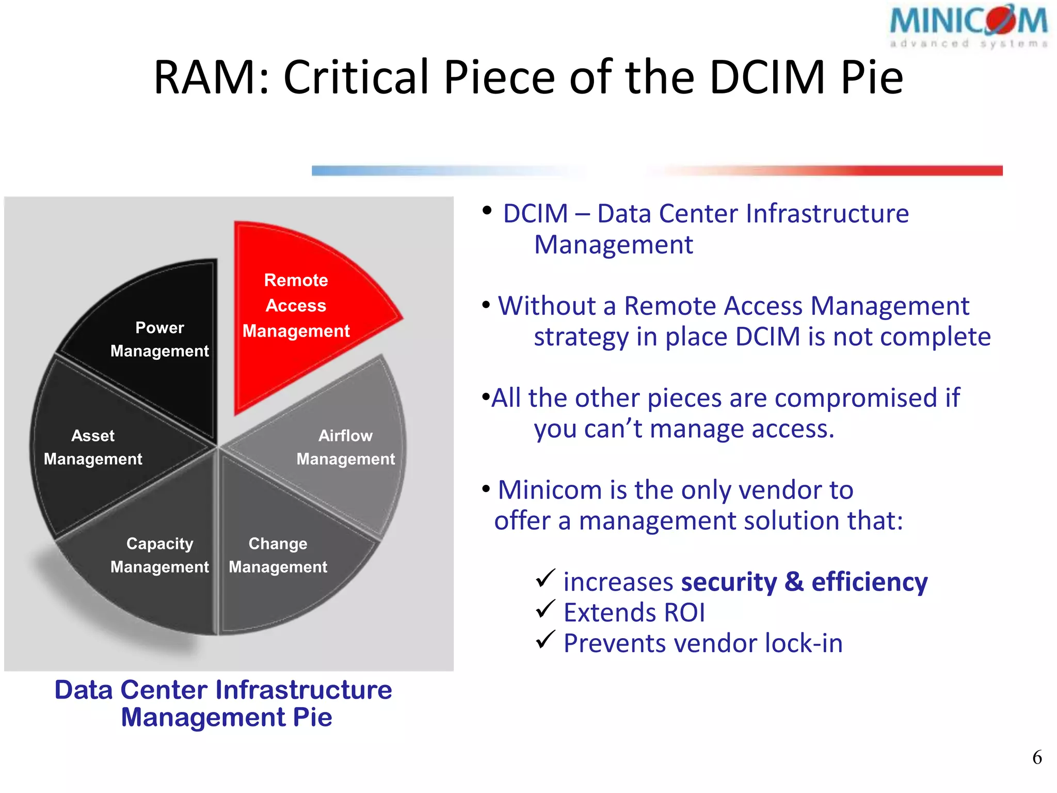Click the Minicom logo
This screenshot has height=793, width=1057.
point(969,27)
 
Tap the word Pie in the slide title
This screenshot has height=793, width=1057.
point(872,77)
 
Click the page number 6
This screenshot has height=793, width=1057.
point(1037,757)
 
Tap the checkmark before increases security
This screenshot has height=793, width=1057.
point(545,578)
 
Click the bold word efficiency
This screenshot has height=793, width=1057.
point(870,582)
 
